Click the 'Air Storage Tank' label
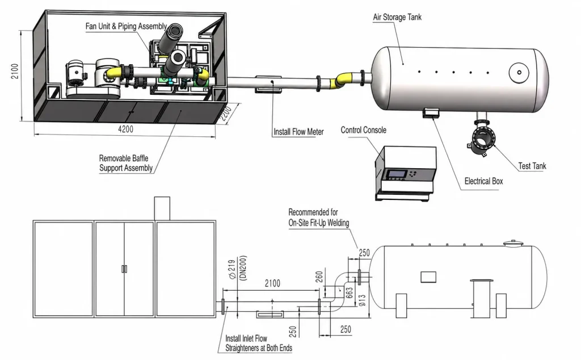click(x=397, y=17)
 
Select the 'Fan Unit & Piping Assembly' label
click(x=126, y=26)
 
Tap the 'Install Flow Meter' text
click(x=298, y=132)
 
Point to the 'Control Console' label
click(x=364, y=130)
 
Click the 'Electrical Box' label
click(x=483, y=181)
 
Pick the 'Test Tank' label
click(x=532, y=166)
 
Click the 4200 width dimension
click(x=125, y=129)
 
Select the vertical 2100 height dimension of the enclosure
click(x=14, y=71)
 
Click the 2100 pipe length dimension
click(x=272, y=283)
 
